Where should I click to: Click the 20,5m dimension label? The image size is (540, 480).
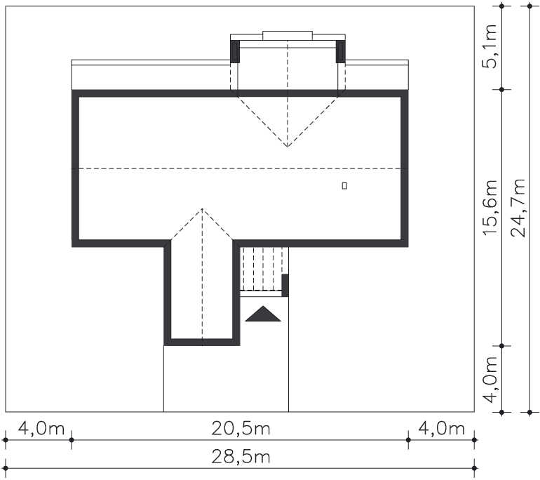click(241, 429)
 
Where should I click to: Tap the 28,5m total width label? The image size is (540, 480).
click(241, 458)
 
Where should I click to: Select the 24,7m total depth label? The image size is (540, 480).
click(518, 208)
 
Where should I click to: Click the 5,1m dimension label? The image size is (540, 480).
click(490, 46)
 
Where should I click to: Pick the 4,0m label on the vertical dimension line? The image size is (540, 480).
click(490, 380)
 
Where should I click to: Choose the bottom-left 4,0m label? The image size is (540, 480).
click(41, 429)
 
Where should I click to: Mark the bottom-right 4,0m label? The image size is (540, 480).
click(442, 429)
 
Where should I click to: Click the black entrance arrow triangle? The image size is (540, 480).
click(263, 314)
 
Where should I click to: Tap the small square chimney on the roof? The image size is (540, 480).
click(344, 186)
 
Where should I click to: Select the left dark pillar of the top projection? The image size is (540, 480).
click(235, 52)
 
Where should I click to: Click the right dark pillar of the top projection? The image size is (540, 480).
click(341, 52)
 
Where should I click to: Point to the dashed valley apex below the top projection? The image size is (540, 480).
click(288, 147)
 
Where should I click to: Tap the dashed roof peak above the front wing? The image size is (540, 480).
click(202, 209)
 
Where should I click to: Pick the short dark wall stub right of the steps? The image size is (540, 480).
click(285, 286)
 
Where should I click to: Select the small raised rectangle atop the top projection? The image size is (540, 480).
click(288, 36)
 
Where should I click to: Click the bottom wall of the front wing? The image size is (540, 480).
click(202, 342)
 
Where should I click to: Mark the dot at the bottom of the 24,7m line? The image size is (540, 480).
click(529, 412)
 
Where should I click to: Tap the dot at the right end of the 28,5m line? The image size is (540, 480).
click(474, 468)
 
